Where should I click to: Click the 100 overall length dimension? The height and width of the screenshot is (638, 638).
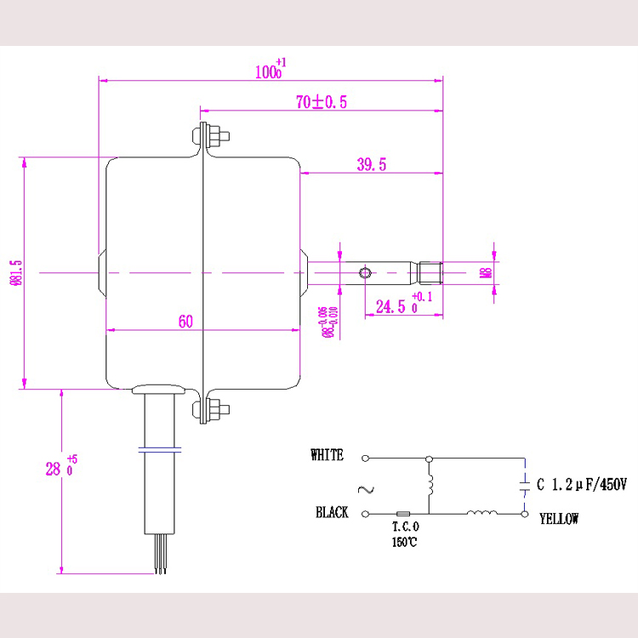[271, 71]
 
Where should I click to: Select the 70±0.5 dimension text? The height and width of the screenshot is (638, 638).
[321, 102]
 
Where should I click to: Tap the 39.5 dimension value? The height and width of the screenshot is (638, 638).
[371, 165]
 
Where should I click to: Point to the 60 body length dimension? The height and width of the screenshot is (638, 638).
[185, 322]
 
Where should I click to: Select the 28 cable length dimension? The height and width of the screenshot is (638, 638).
[53, 467]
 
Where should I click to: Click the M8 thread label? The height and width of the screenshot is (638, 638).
[485, 273]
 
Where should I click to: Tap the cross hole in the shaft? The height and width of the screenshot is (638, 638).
[365, 273]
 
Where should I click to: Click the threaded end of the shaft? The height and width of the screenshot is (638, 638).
[430, 273]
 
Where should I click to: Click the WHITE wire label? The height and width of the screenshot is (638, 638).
[328, 456]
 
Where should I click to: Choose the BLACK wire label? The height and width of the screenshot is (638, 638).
[332, 513]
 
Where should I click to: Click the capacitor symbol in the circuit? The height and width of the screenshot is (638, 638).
[522, 486]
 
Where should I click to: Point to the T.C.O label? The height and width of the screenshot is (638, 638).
[405, 527]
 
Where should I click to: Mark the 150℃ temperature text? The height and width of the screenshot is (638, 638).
[405, 542]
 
